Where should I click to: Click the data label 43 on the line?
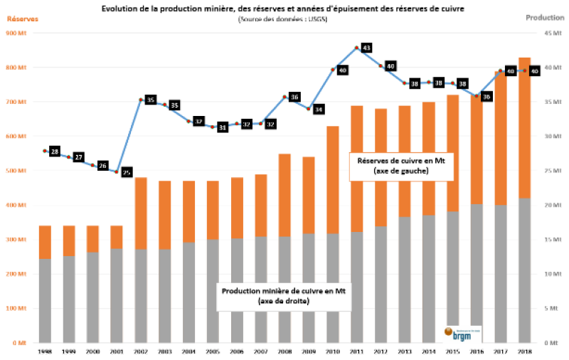tap(366, 48)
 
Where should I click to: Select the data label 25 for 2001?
tap(127, 172)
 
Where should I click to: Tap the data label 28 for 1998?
tap(55, 152)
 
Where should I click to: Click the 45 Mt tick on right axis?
tap(552, 33)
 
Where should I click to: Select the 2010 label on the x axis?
tap(332, 351)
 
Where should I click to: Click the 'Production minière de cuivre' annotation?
tap(284, 296)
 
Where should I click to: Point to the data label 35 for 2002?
tap(150, 100)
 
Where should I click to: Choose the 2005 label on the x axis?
tap(213, 351)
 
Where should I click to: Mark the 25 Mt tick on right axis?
tap(552, 171)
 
